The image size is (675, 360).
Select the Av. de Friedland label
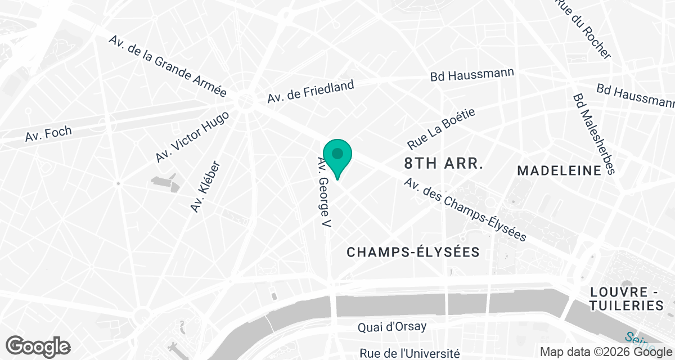pos(310,92)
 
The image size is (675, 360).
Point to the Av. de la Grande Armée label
pos(168,67)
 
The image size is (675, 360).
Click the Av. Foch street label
pos(48,134)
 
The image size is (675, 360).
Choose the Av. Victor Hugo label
pos(192,137)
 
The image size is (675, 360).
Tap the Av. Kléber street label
pos(205,187)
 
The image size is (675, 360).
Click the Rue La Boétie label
pos(442,128)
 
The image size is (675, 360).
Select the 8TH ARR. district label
pos(444,164)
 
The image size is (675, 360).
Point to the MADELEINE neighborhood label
pos(559,170)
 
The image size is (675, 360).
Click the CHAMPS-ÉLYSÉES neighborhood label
pos(413,252)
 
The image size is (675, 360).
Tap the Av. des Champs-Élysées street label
pos(465,210)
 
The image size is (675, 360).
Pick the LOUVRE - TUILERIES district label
pos(627,299)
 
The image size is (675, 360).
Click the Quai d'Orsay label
pos(393,326)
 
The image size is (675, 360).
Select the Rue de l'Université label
pos(409,353)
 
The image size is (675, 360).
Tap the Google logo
pos(38,346)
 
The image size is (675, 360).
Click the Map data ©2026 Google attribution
pos(606,352)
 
